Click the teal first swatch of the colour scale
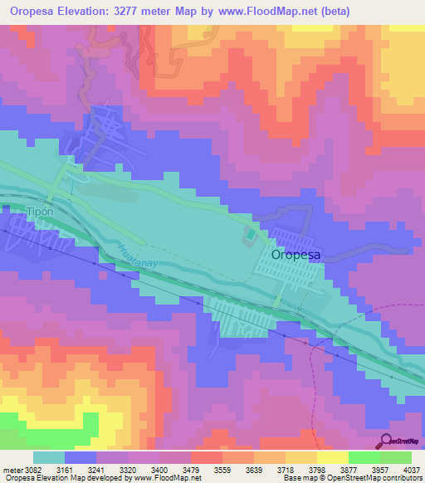(48, 457)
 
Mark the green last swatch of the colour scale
(395, 457)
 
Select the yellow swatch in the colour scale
(332, 457)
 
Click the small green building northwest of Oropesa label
(250, 238)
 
